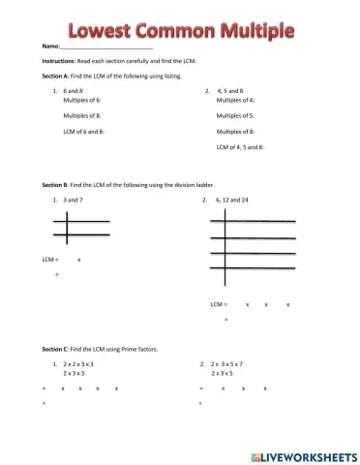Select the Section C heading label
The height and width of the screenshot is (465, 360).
click(x=55, y=348)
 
